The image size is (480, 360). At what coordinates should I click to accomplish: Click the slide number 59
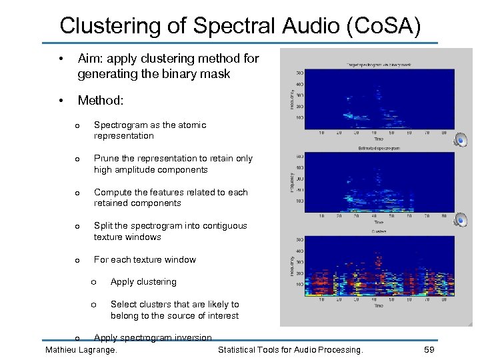click(x=429, y=349)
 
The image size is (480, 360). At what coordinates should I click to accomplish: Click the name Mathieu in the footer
click(x=63, y=349)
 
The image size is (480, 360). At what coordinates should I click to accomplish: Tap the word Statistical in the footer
click(x=240, y=349)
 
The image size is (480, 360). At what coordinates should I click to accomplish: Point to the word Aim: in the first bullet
click(x=92, y=59)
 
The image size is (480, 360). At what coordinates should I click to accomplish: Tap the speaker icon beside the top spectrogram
click(x=460, y=139)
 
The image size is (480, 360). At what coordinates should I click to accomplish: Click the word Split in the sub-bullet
click(x=103, y=226)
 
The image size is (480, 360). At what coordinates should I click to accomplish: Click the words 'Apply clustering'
click(x=143, y=282)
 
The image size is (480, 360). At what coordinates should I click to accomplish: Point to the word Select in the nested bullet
click(x=123, y=305)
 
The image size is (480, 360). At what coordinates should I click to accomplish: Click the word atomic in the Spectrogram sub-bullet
click(x=193, y=125)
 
